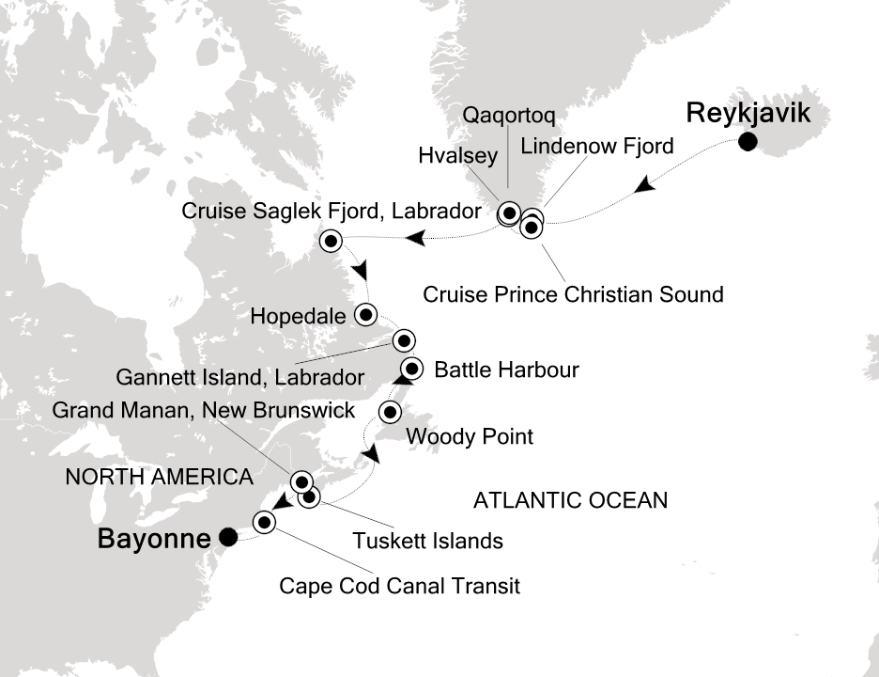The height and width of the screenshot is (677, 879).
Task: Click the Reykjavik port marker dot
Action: point(748,143)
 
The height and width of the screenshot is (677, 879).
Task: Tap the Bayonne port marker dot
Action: point(227,537)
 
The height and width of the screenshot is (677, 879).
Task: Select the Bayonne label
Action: point(154,541)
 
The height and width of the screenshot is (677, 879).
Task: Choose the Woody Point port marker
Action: point(391,412)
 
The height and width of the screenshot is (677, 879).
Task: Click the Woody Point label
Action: point(469,436)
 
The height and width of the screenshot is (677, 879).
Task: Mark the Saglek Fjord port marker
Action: point(331,242)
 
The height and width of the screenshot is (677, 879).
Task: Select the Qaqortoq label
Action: point(510,116)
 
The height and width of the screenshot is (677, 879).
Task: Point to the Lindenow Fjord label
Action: point(597,146)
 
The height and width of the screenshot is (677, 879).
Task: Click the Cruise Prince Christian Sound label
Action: point(573,294)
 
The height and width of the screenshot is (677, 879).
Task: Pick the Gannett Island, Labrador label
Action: point(239,378)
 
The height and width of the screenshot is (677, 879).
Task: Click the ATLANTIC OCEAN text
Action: point(570,500)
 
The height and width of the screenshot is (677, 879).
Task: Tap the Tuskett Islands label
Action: point(427,541)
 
